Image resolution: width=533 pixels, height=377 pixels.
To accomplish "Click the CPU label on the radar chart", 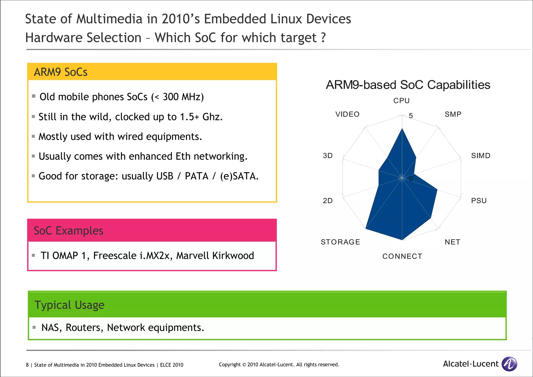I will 401,101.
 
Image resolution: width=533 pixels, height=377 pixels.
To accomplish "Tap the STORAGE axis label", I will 340,242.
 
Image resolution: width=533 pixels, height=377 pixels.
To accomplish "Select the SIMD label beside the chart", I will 481,156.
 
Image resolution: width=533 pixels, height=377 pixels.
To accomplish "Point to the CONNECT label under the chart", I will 402,256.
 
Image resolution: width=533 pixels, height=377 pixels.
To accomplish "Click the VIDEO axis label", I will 347,114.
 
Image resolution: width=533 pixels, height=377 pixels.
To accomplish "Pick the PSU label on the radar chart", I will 479,201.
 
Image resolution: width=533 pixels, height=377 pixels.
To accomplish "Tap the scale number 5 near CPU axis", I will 411,116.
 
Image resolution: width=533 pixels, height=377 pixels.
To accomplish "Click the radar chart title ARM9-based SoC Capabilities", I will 408,85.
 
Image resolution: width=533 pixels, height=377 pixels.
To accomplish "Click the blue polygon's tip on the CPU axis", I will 402,129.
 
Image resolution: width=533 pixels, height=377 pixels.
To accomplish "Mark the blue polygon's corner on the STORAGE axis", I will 366,228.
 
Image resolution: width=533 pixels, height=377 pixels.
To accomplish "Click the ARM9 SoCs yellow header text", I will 61,72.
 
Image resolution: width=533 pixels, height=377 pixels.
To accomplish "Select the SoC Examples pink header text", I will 68,231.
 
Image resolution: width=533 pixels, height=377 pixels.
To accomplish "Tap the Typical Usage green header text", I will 69,305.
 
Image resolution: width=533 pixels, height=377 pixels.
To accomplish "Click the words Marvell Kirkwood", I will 215,256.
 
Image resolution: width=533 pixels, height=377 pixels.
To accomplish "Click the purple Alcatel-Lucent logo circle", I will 509,364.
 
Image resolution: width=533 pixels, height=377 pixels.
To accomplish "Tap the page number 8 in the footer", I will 27,365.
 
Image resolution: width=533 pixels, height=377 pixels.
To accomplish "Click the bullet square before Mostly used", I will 33,136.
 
